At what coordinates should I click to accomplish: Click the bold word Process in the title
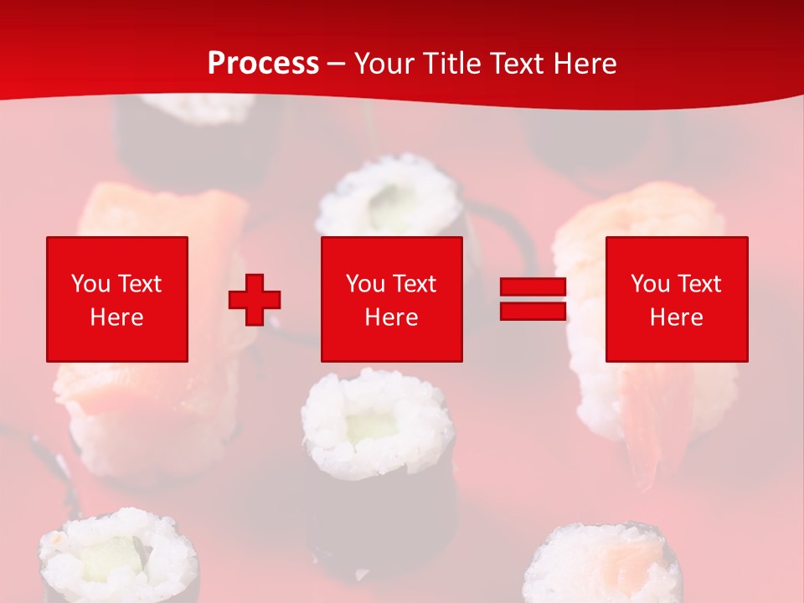click(263, 64)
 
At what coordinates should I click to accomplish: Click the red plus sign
click(255, 300)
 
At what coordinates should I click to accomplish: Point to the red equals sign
click(533, 299)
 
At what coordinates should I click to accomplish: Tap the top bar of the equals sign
click(533, 287)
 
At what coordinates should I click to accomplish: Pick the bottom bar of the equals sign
click(533, 311)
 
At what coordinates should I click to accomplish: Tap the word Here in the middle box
click(391, 317)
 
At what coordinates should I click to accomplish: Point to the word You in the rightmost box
click(650, 284)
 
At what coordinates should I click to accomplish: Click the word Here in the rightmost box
click(677, 317)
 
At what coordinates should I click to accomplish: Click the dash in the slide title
click(337, 64)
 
